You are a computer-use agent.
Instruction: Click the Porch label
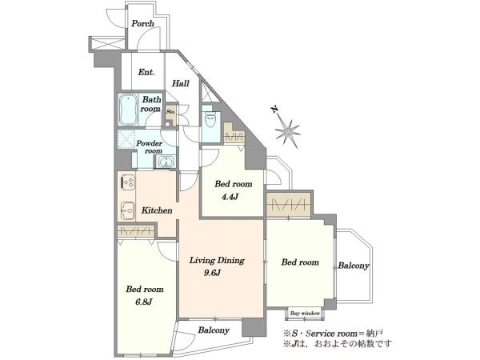[x=142, y=23]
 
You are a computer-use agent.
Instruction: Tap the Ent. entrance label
[x=146, y=72]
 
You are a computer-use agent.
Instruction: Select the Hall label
[x=180, y=83]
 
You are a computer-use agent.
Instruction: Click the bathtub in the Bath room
[x=128, y=110]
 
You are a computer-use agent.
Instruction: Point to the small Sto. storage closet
[x=171, y=112]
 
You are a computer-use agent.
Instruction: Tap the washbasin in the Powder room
[x=165, y=162]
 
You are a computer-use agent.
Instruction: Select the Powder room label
[x=150, y=147]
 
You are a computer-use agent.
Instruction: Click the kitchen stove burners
[x=128, y=181]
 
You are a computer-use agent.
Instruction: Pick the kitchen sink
[x=128, y=210]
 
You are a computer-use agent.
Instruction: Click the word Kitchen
[x=157, y=210]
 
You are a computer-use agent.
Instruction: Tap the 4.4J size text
[x=230, y=197]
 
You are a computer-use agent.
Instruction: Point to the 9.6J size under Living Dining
[x=212, y=273]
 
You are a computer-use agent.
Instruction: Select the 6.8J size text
[x=143, y=302]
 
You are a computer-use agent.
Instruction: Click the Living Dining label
[x=217, y=261]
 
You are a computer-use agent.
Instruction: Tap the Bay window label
[x=305, y=313]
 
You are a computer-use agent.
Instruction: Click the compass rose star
[x=287, y=132]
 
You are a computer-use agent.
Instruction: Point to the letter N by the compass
[x=274, y=110]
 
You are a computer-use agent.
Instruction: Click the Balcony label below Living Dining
[x=214, y=330]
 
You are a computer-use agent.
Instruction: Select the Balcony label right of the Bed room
[x=354, y=266]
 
